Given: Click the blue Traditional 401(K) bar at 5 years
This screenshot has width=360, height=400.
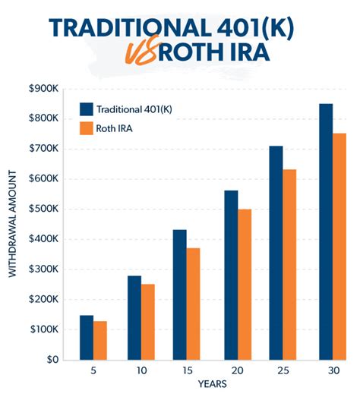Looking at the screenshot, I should coord(87,337).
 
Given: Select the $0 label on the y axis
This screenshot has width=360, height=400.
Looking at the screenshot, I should coord(50,360).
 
